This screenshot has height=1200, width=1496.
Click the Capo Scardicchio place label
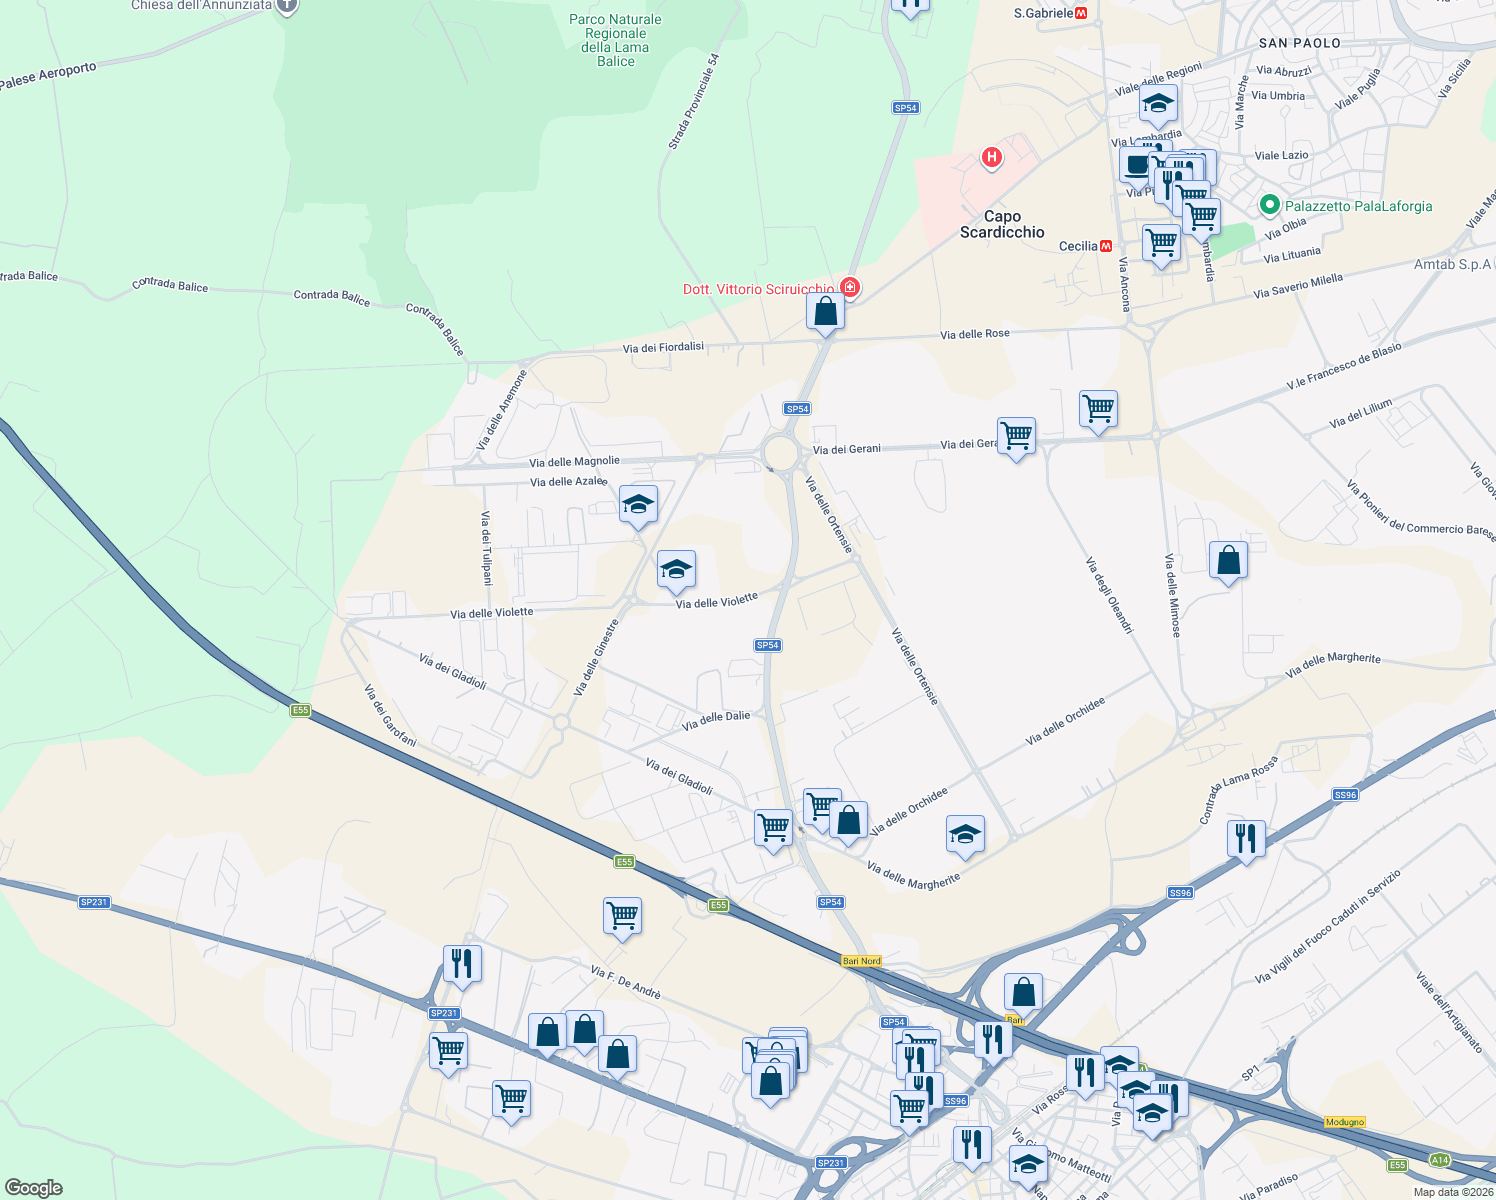tap(1002, 224)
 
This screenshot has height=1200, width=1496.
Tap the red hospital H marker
tap(991, 157)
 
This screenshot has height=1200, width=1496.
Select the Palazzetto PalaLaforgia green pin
tap(1270, 205)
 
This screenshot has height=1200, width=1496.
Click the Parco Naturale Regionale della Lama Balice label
tap(615, 40)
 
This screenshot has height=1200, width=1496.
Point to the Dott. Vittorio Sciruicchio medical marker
tap(850, 288)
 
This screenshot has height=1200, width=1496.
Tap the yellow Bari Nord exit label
tap(861, 961)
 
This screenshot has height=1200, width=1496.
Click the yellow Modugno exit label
tap(1344, 1122)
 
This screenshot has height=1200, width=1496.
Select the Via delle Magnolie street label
tap(574, 462)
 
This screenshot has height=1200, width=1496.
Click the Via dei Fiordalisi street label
tap(663, 347)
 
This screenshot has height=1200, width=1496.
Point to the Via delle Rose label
tap(974, 334)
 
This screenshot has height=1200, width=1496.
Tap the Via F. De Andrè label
tap(625, 982)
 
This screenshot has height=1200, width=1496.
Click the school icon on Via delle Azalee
tap(638, 504)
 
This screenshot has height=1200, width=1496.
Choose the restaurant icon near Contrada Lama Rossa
tap(1245, 838)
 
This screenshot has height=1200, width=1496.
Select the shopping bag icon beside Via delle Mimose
tap(1228, 561)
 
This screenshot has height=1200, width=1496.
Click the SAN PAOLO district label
tap(1299, 43)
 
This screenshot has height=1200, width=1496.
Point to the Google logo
tap(33, 1187)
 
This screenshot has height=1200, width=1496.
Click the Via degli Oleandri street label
tap(1109, 595)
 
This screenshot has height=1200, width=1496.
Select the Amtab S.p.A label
tap(1452, 265)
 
